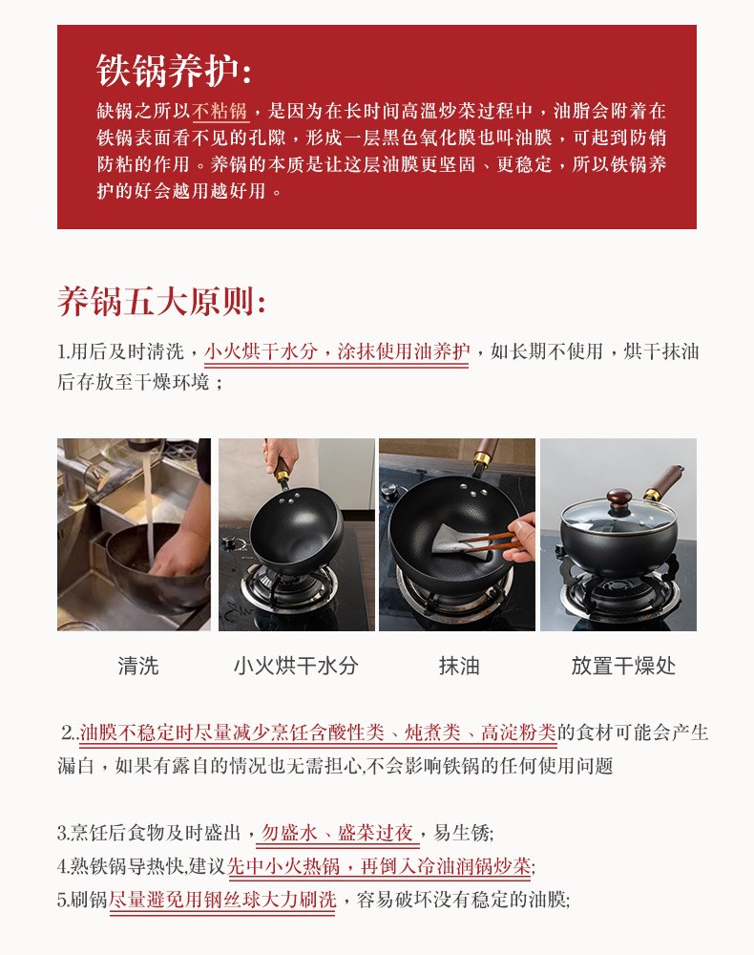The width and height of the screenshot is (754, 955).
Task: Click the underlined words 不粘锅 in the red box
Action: [220, 111]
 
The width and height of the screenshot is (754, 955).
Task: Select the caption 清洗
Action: [138, 666]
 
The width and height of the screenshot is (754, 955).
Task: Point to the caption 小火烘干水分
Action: [296, 666]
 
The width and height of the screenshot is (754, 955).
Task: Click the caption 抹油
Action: [459, 666]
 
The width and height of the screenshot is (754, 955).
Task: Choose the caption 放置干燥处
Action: [623, 666]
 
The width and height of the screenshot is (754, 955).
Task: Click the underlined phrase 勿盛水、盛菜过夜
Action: [338, 833]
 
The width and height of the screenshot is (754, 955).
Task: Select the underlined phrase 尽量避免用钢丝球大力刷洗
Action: [222, 899]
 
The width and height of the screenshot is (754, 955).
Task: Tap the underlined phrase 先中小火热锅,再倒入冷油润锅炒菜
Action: [379, 865]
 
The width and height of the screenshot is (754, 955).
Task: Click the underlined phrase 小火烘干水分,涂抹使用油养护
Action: [337, 351]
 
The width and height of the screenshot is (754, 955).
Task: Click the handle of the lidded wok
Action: [662, 481]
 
